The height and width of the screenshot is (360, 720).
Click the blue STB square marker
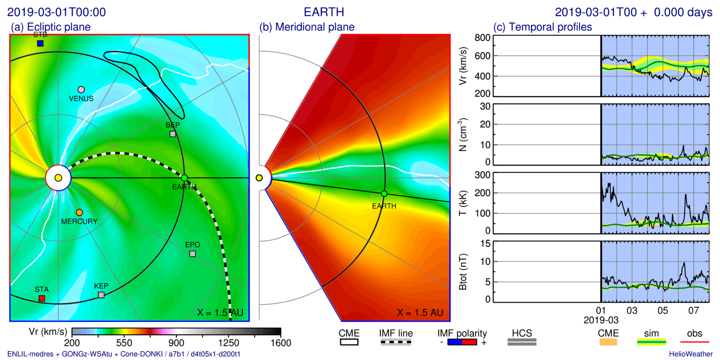40,44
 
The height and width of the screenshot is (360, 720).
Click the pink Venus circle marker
81,90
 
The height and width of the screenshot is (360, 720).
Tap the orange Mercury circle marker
79,212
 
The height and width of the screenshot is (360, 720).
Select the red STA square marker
42,298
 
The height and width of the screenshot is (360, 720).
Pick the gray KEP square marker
101,295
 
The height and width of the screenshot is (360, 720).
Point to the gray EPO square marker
193,254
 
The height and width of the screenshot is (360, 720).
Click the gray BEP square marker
172,134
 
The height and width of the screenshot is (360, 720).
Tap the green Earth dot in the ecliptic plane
184,178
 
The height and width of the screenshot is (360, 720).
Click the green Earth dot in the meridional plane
384,193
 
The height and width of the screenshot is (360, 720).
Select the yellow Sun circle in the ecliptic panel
58,178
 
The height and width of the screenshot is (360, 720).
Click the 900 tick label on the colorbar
176,343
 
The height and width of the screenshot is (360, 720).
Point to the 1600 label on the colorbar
281,343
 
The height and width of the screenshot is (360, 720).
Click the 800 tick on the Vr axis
482,38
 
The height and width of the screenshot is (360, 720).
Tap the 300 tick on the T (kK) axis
482,175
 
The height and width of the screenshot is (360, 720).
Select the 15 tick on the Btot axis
485,243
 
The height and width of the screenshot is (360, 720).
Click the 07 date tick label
693,310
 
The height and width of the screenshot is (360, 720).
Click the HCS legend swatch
522,342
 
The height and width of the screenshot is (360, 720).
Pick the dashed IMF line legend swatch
396,342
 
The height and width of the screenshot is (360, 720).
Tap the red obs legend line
694,342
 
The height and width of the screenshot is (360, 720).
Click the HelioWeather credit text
690,354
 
